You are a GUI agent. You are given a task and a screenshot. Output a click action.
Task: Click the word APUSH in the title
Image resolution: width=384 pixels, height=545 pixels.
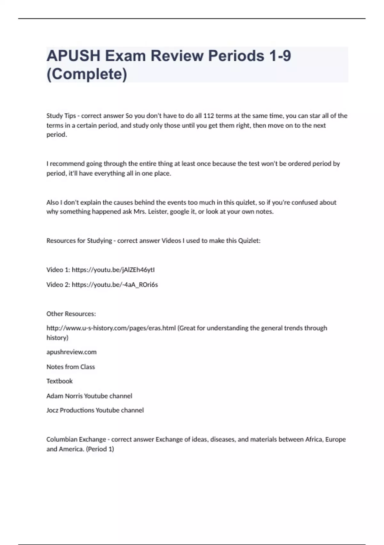point(73,56)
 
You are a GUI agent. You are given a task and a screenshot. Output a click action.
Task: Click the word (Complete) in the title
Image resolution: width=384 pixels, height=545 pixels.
point(87,74)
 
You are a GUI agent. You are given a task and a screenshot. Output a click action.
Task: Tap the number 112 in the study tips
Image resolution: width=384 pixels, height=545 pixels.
point(208,116)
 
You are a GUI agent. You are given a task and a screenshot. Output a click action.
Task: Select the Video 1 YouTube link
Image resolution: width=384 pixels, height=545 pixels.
point(113,270)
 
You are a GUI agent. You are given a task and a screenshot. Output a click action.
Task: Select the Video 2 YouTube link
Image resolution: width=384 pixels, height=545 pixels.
point(115,285)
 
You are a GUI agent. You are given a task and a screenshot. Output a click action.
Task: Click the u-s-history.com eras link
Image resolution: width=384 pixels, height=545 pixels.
point(111,328)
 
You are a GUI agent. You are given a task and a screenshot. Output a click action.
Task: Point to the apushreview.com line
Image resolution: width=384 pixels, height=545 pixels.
point(71,352)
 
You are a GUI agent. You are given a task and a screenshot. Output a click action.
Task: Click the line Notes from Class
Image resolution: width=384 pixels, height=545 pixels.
point(70,367)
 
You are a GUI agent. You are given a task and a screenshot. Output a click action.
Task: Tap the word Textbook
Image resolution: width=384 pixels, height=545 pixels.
point(60,381)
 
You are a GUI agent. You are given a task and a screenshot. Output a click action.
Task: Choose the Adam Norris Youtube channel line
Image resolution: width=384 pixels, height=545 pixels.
point(89,396)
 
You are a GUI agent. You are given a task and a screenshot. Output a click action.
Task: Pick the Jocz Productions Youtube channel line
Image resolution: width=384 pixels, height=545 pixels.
point(95,410)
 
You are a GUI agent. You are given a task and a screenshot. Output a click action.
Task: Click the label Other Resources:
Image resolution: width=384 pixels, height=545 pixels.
point(71,314)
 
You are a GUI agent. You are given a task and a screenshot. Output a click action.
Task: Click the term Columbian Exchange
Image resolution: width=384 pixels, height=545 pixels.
point(76,440)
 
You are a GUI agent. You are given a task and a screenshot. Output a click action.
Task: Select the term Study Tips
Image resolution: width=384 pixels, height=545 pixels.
point(61,116)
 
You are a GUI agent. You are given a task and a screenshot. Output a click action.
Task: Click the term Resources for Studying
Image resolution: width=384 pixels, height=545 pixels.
point(79,241)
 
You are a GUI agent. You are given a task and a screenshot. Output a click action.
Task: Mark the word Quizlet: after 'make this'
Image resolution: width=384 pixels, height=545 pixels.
point(249,241)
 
